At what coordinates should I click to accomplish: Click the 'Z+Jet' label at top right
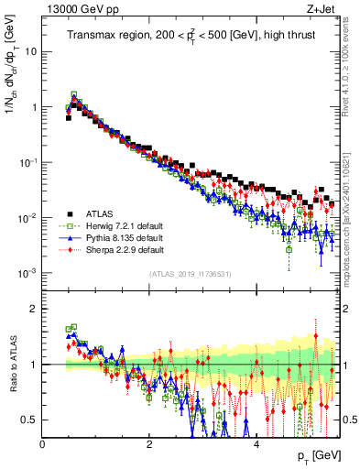[322, 9]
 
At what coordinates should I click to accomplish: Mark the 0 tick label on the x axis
[43, 444]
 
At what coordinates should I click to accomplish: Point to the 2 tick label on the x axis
[150, 444]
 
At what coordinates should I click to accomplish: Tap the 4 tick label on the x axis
[256, 444]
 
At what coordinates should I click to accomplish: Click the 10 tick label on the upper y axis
[31, 51]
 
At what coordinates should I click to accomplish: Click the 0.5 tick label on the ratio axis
[29, 420]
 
